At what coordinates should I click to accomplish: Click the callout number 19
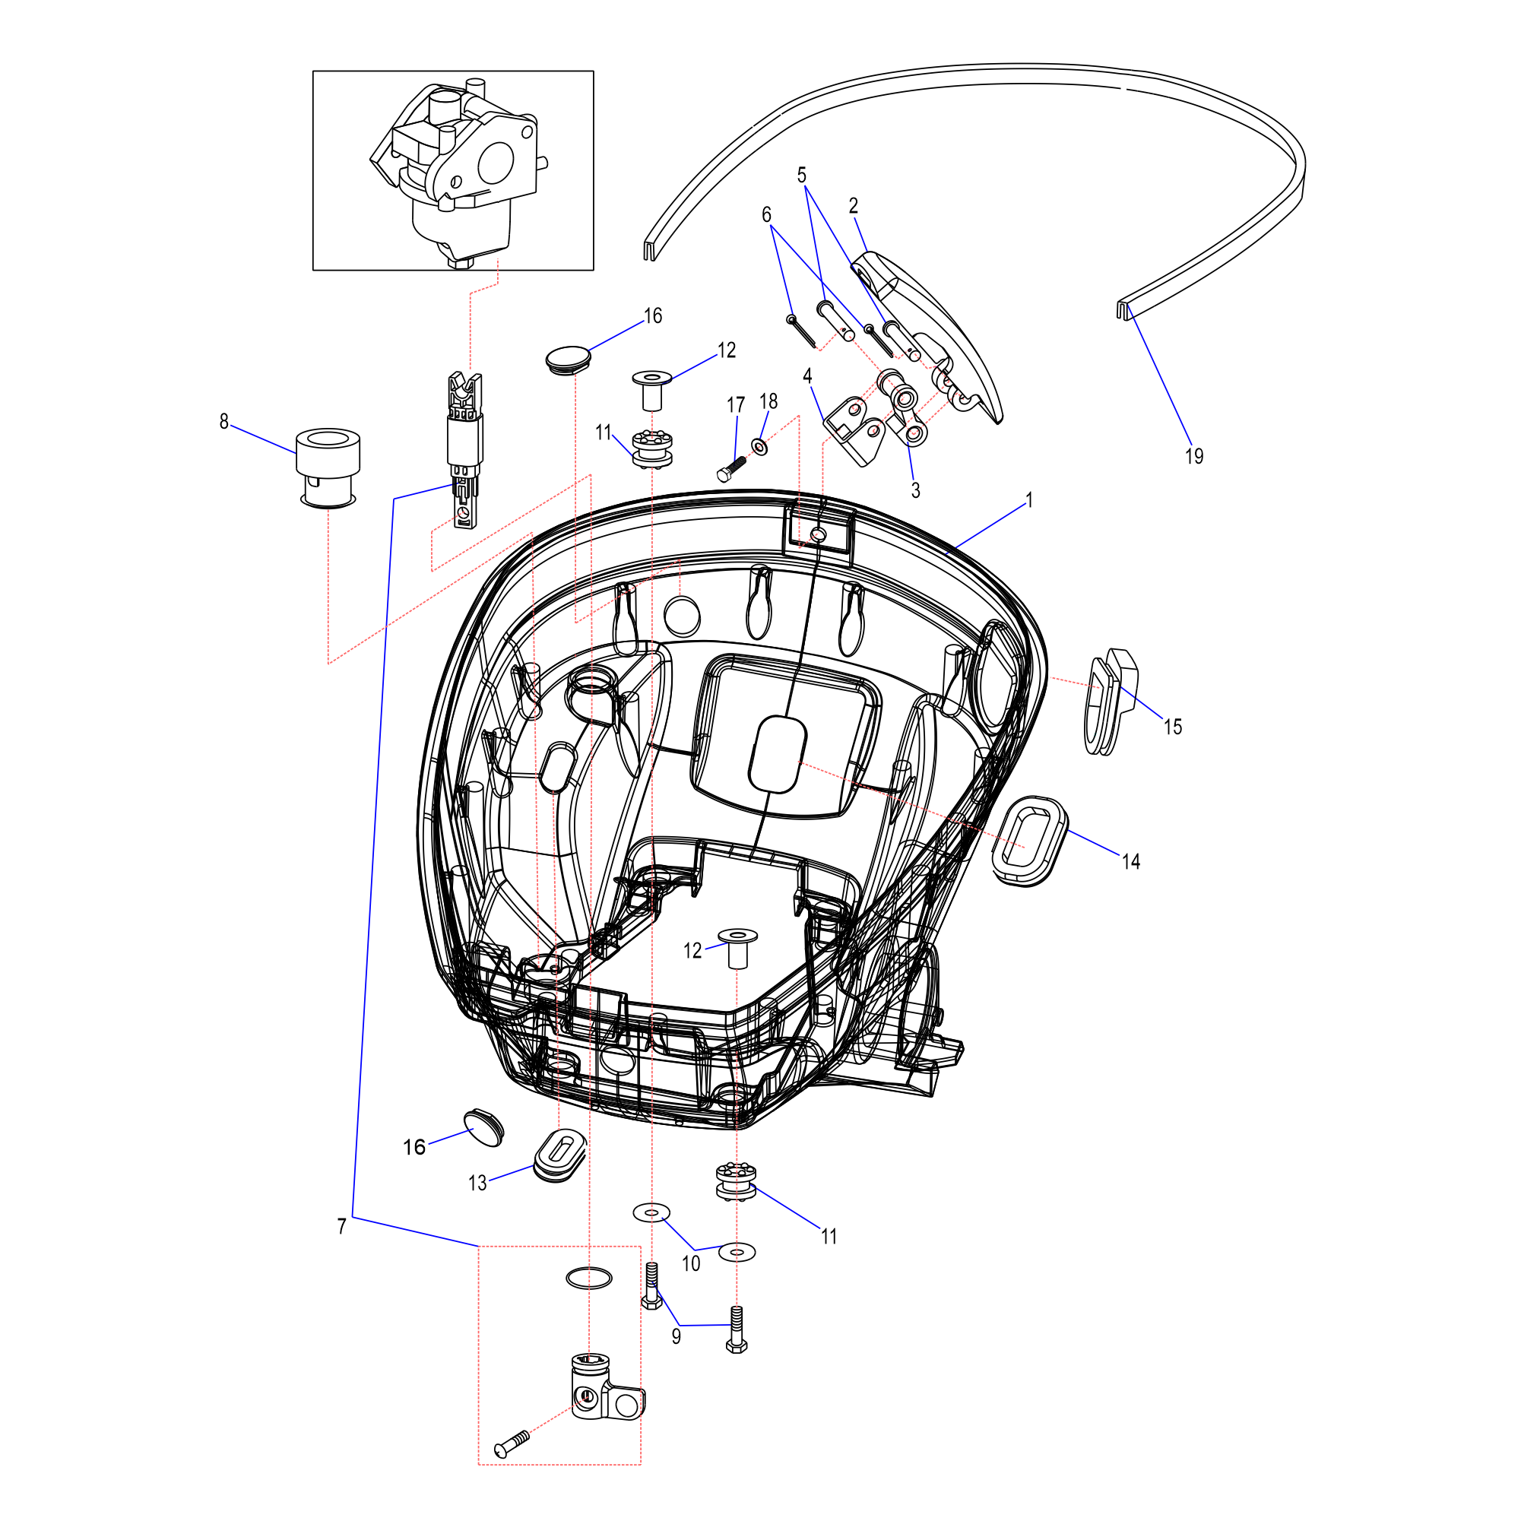pyautogui.click(x=1193, y=456)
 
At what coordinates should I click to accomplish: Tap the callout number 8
pyautogui.click(x=224, y=422)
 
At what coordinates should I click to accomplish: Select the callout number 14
pyautogui.click(x=1131, y=862)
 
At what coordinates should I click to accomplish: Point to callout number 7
pyautogui.click(x=342, y=1227)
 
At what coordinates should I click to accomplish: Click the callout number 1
pyautogui.click(x=1029, y=500)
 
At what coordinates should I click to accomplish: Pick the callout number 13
pyautogui.click(x=477, y=1184)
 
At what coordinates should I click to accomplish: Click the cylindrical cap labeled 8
pyautogui.click(x=328, y=468)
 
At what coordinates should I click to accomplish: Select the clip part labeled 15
pyautogui.click(x=1111, y=700)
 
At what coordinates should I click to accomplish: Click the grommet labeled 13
pyautogui.click(x=559, y=1155)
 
